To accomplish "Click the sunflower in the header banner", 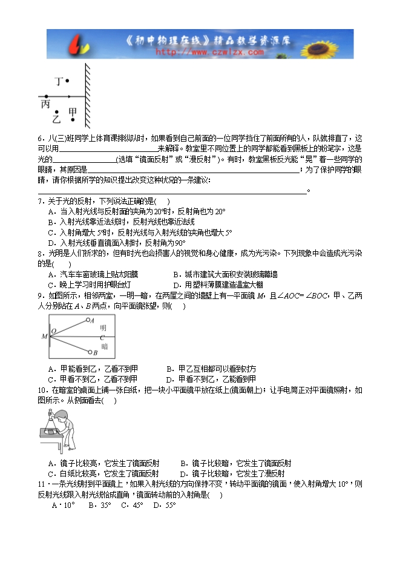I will [333, 44].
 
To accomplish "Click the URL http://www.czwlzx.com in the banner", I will [210, 53].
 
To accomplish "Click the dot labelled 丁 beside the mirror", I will [67, 81].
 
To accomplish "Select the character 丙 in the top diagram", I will [45, 105].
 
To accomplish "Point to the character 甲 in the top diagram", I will [73, 113].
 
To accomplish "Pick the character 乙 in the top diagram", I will [56, 120].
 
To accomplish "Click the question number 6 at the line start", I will [40, 138].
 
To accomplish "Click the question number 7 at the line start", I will [40, 201].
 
